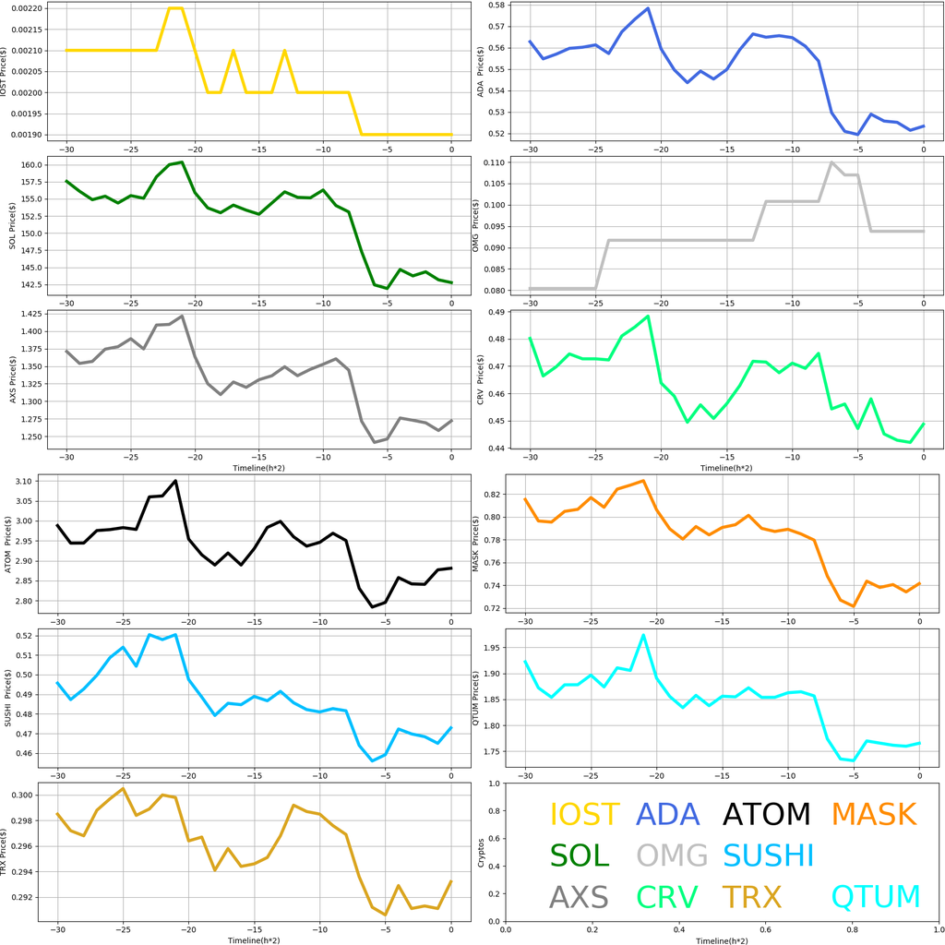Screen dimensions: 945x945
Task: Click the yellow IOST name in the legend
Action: pyautogui.click(x=584, y=814)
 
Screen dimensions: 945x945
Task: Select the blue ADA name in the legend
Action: pyautogui.click(x=668, y=814)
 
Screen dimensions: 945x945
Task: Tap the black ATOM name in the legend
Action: pyautogui.click(x=766, y=814)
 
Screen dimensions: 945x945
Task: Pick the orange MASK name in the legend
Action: pyautogui.click(x=873, y=814)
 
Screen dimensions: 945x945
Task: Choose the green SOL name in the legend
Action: pyautogui.click(x=580, y=855)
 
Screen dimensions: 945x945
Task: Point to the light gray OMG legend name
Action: pyautogui.click(x=672, y=855)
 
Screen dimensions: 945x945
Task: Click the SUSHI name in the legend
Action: pyautogui.click(x=768, y=855)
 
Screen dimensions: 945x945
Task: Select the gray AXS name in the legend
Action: pyautogui.click(x=579, y=896)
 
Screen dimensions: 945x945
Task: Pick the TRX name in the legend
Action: pyautogui.click(x=751, y=896)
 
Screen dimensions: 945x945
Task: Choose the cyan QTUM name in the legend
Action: pyautogui.click(x=876, y=896)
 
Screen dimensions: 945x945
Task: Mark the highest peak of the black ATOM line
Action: pyautogui.click(x=175, y=480)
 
